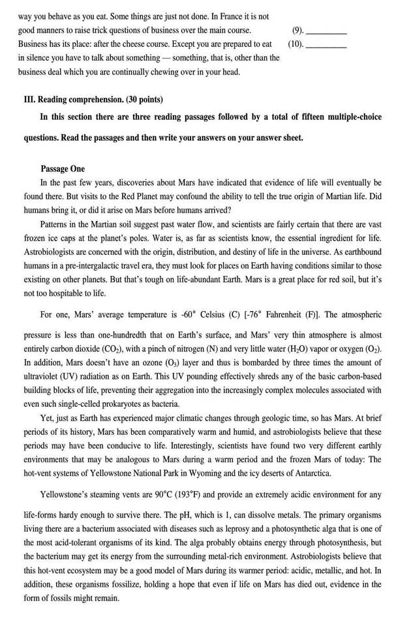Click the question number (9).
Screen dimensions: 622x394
click(x=297, y=31)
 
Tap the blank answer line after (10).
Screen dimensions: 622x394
click(x=326, y=46)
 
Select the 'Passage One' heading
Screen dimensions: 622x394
click(x=62, y=169)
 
